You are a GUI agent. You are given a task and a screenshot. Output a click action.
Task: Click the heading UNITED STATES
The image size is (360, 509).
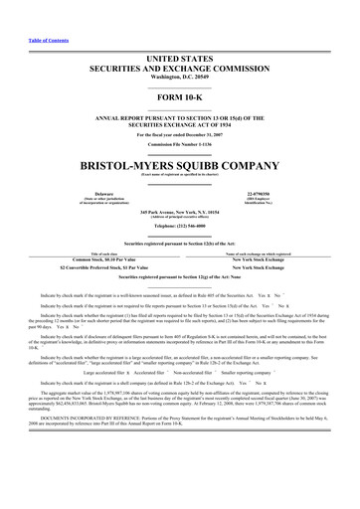click(x=180, y=34)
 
